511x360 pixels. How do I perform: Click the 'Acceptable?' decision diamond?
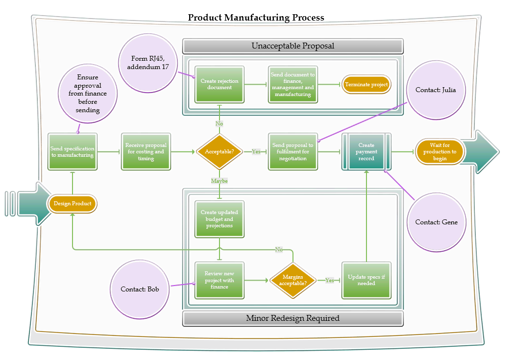219,152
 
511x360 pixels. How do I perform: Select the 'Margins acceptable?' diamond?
293,281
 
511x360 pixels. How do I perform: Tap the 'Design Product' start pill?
73,204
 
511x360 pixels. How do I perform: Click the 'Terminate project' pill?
366,85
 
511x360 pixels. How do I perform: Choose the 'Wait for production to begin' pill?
439,152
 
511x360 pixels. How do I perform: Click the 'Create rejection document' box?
219,84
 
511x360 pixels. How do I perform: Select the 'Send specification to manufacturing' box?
73,152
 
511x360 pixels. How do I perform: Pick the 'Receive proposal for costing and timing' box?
146,152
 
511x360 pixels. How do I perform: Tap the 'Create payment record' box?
366,152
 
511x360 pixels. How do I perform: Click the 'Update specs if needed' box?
366,280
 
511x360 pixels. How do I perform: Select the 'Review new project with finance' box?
219,280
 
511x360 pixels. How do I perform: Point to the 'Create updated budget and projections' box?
219,219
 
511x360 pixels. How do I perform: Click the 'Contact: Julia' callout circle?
436,90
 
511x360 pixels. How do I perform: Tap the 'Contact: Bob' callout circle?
140,289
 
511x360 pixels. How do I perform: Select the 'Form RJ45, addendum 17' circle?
147,63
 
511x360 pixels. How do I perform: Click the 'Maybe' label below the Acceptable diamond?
219,181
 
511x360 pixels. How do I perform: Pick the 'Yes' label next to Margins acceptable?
329,281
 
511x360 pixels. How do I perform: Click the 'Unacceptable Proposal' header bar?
293,46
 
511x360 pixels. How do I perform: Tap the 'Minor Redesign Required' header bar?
293,318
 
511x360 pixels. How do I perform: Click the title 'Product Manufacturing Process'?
256,18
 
